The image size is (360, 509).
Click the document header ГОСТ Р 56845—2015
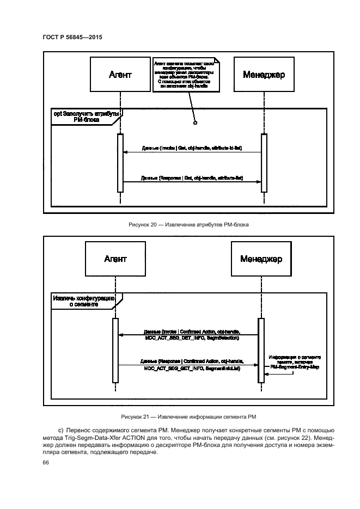coord(72,37)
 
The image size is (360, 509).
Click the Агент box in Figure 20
coord(120,75)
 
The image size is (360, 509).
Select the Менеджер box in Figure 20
coord(264,75)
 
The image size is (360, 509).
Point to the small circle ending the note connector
coord(195,124)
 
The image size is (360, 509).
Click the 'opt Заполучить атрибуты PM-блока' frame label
coord(85,117)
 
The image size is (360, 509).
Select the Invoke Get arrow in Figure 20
coord(191,153)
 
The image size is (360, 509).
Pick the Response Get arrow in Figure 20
coord(191,182)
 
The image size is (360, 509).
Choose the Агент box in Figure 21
coord(115,259)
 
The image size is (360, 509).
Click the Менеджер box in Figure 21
coord(261,259)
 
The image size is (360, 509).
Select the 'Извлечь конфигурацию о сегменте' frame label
coord(83,302)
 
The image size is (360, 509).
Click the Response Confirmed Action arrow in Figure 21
coord(187,365)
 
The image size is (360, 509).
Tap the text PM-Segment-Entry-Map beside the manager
coord(295,367)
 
